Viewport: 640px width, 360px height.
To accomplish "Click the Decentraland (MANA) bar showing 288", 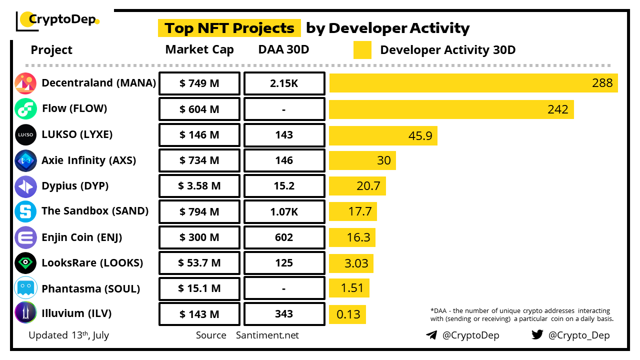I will [x=473, y=83].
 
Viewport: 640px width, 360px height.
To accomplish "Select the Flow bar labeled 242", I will [x=451, y=109].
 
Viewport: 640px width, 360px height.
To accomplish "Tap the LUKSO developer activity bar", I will [x=383, y=135].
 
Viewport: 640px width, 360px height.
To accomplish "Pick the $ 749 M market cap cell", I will [x=199, y=83].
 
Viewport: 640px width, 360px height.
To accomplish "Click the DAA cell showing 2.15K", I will [x=284, y=83].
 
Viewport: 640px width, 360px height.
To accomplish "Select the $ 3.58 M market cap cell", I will [x=199, y=186].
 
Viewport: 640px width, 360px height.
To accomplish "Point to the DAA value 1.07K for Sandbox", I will [x=284, y=212].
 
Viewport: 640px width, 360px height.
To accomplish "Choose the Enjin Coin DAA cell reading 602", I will [x=284, y=237].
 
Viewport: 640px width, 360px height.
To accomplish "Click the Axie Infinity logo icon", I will [x=25, y=160].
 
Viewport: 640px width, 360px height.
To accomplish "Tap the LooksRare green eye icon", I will [x=25, y=263].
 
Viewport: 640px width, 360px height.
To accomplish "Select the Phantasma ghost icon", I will [x=25, y=288].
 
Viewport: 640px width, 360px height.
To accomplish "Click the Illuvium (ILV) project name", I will [x=76, y=313].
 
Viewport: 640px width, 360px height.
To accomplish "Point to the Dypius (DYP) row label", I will [x=75, y=186].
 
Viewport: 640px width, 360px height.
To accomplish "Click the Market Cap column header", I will [x=199, y=49].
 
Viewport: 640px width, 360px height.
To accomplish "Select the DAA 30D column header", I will [x=283, y=49].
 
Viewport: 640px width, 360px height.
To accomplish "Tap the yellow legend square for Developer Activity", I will [x=362, y=50].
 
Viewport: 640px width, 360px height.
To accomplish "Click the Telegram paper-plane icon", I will [x=431, y=335].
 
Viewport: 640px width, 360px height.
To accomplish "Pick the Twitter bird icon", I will [x=537, y=334].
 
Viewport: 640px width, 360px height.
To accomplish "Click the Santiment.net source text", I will [x=267, y=335].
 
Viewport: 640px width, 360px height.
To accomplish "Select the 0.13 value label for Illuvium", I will [x=348, y=314].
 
